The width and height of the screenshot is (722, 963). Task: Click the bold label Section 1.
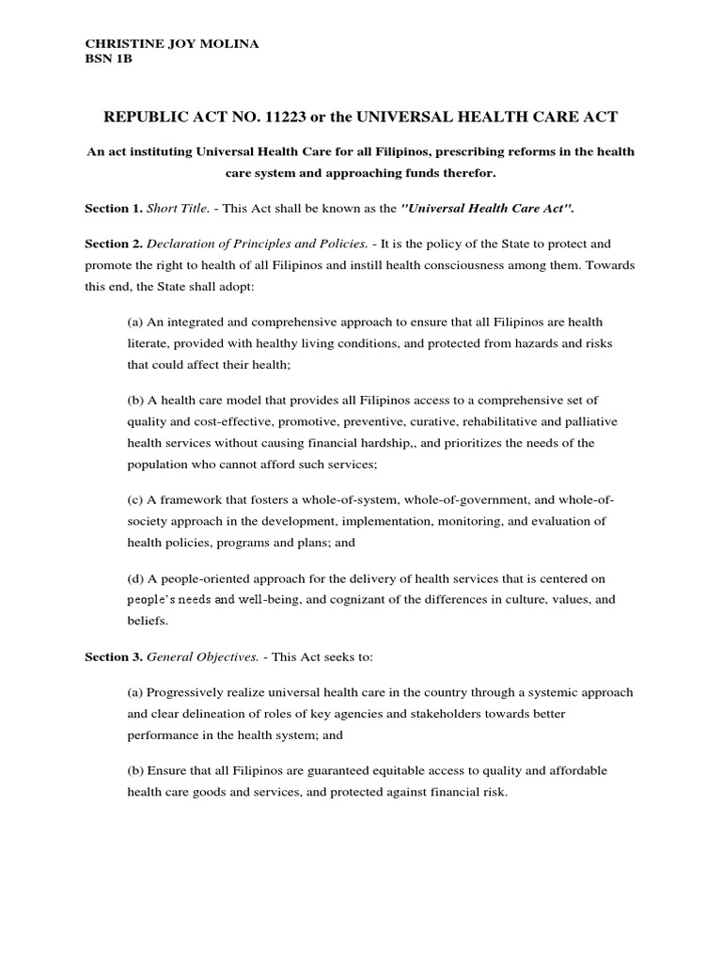pos(113,207)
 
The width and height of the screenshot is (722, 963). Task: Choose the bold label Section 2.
pos(113,243)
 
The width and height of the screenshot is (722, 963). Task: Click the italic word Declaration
pos(184,243)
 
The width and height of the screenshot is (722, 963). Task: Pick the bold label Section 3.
pos(113,656)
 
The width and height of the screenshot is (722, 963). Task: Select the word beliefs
pos(148,622)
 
